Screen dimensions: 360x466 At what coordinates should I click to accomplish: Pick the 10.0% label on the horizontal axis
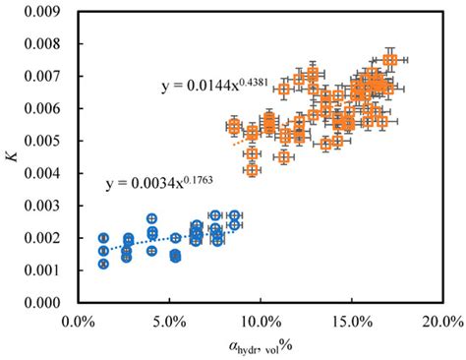tap(260, 321)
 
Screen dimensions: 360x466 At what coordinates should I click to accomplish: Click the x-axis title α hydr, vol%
tap(260, 346)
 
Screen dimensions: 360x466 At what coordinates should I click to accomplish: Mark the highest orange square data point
tap(390, 60)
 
